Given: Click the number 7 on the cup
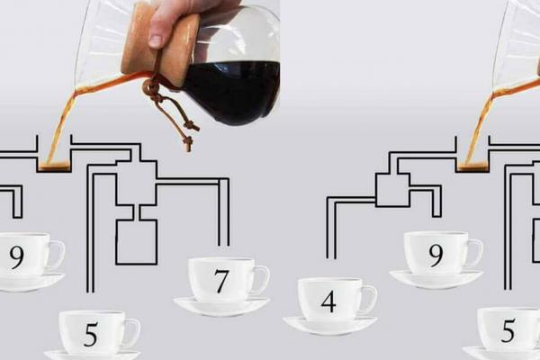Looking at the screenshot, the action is [x=221, y=281].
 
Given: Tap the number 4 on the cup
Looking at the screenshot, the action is [x=328, y=301].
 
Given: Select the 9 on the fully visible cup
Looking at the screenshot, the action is [x=436, y=256].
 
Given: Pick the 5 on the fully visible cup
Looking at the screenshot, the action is [x=91, y=334].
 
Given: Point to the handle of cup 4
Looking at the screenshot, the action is [x=371, y=300].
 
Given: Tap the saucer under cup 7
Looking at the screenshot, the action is [x=221, y=306].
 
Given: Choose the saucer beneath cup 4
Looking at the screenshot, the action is [x=329, y=325].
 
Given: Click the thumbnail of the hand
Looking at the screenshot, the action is [x=156, y=41].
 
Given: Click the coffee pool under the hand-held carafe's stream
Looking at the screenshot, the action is [x=54, y=166].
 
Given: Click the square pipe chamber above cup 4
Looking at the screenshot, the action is [x=393, y=190].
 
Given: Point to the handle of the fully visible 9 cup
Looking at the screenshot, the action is [x=476, y=253].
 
